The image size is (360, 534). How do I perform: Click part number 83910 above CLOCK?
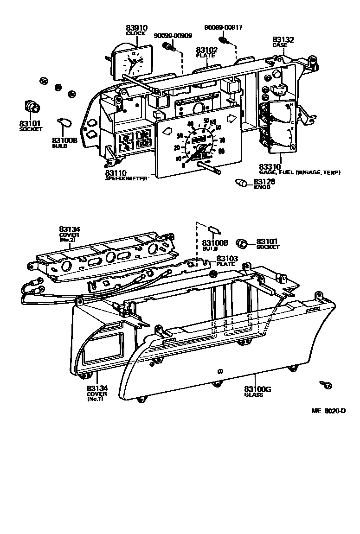tap(136, 28)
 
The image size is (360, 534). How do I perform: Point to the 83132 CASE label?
tap(283, 40)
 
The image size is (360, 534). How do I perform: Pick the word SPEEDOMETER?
tap(126, 178)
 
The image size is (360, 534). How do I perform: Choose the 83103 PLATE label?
tap(227, 258)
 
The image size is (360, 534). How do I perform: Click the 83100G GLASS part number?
tap(257, 389)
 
